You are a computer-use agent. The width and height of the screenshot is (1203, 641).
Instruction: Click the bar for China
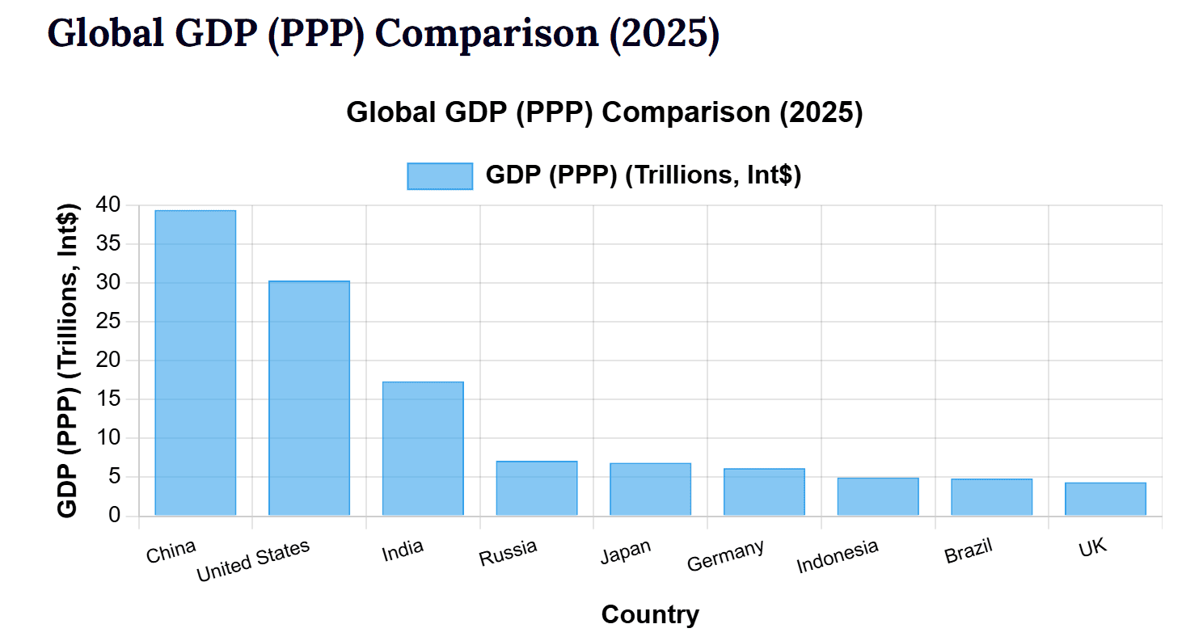[195, 363]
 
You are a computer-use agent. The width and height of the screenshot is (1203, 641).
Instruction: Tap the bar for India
[423, 449]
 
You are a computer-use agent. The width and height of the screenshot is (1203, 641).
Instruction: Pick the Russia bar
[537, 488]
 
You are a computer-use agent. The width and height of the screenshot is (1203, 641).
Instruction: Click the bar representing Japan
[650, 489]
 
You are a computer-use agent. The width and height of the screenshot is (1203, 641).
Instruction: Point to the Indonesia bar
[878, 496]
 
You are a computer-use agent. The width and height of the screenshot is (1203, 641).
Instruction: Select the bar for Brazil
[991, 497]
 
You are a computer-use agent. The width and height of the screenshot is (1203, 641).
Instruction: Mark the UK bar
[1105, 499]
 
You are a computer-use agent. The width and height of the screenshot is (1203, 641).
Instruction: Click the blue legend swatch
[440, 176]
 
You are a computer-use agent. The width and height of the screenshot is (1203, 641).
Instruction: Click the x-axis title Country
[650, 615]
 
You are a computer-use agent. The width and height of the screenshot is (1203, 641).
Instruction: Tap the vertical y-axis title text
[69, 361]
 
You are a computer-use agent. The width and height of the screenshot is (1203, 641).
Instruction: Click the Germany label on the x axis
[725, 556]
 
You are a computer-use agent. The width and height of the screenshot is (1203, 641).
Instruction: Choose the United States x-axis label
[253, 561]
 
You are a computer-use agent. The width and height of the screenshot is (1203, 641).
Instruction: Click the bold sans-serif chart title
[605, 112]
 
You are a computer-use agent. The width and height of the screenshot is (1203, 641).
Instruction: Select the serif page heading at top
[382, 33]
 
